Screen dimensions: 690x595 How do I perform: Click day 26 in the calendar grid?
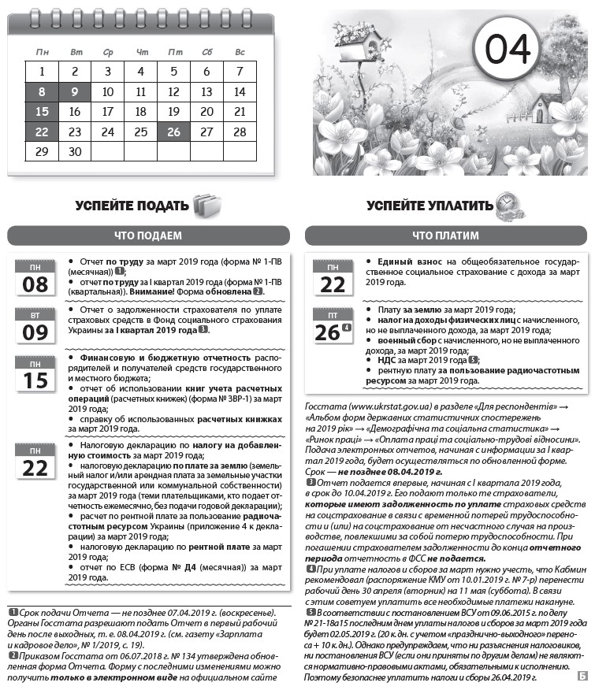click(x=174, y=132)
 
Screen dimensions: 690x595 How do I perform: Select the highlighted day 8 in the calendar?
click(x=42, y=92)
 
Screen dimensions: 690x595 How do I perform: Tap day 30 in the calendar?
click(x=75, y=151)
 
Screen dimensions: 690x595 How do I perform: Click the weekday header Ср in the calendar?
click(x=108, y=52)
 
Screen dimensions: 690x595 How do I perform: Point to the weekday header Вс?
click(x=240, y=52)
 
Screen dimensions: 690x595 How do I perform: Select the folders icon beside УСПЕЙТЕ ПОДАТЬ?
click(x=204, y=206)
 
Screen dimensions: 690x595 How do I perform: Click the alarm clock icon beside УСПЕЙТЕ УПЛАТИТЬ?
click(x=507, y=206)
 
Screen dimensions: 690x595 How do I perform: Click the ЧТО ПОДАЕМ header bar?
click(x=148, y=235)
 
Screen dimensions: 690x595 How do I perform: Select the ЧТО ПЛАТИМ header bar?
click(x=445, y=235)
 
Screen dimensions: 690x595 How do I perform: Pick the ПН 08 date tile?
click(x=35, y=278)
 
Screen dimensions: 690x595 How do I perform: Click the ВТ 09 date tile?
click(x=35, y=326)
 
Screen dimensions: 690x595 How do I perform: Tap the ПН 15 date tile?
click(x=35, y=374)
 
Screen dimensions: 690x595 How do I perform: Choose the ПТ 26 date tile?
click(x=333, y=326)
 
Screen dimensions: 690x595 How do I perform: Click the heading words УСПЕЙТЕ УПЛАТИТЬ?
click(x=430, y=206)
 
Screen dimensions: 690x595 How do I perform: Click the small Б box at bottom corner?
click(x=581, y=676)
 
